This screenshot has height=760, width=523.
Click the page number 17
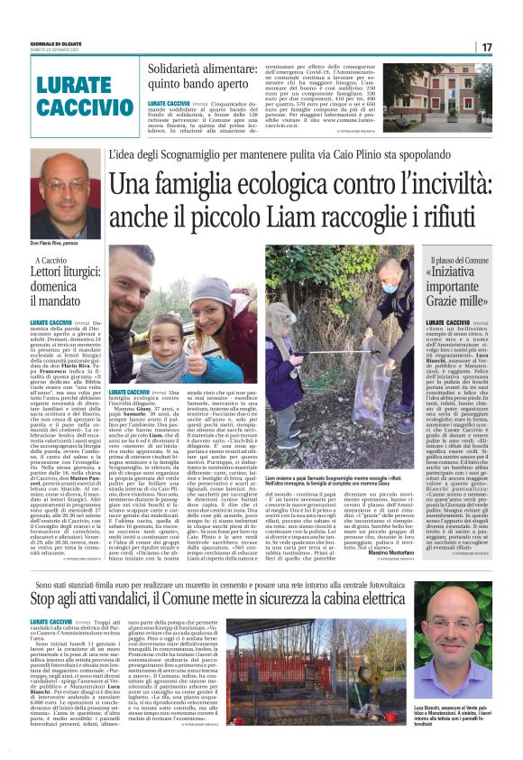[486, 47]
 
